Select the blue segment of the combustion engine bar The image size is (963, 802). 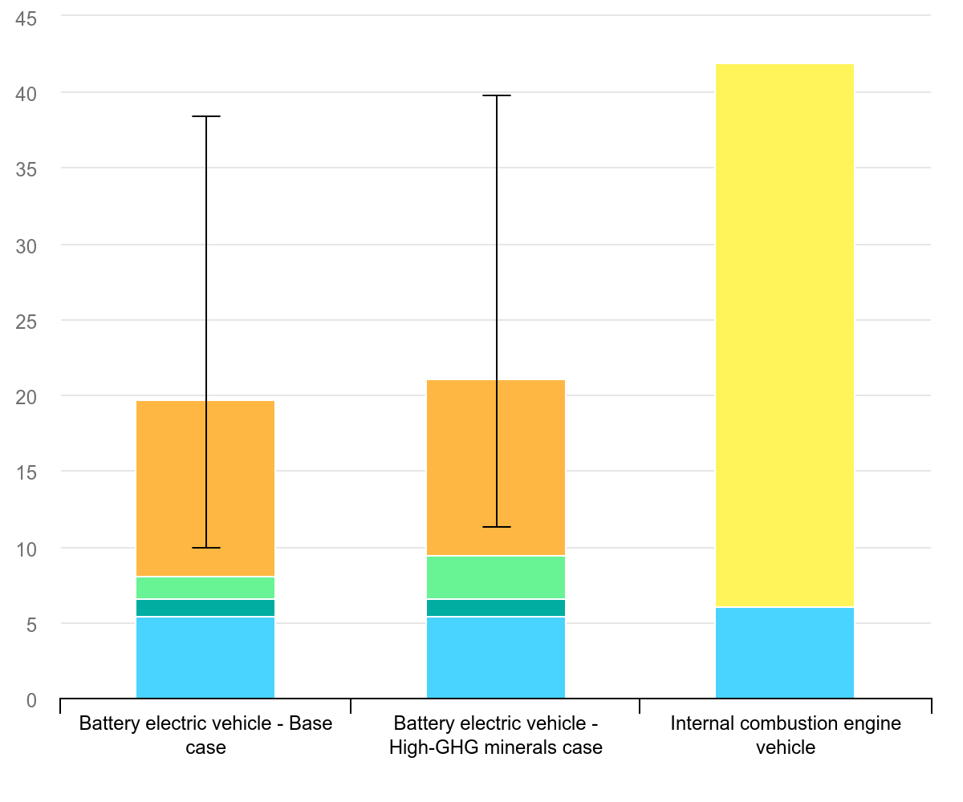784,653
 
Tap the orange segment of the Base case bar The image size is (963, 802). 241,488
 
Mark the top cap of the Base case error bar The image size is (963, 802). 206,117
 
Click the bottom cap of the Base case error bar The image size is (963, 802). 206,548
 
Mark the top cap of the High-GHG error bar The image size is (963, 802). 497,95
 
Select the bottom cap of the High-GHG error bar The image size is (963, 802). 497,527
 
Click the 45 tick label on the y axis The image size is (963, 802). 26,18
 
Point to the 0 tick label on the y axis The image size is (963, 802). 31,700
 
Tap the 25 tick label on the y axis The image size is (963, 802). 26,321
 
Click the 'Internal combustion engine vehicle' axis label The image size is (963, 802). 786,735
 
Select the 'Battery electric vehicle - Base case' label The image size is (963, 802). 205,735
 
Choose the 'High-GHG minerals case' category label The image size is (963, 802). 496,735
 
